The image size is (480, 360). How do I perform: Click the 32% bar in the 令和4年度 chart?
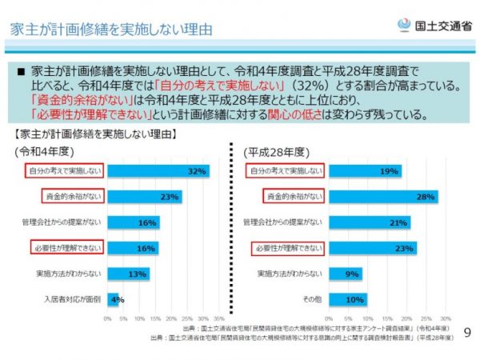(x=158, y=170)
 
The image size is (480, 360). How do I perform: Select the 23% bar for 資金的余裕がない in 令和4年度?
(x=145, y=196)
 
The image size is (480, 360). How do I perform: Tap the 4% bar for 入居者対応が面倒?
(x=113, y=300)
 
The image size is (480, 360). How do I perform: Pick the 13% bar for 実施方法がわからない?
(x=128, y=274)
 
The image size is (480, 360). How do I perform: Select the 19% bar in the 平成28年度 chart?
(x=364, y=170)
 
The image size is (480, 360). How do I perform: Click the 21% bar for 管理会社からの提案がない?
(x=368, y=222)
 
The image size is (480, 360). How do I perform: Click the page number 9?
(x=466, y=330)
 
